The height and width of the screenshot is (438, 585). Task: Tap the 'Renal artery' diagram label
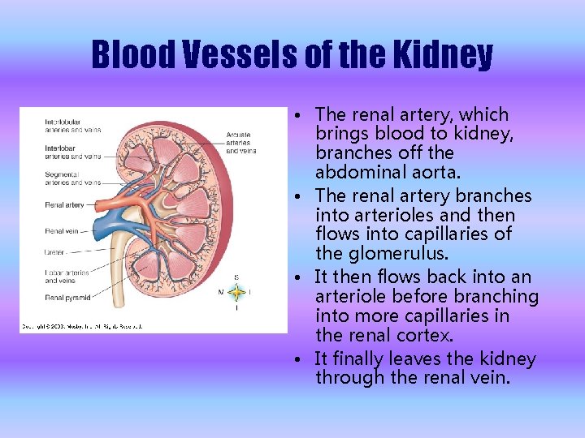pos(64,205)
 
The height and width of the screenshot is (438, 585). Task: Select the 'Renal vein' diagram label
pos(61,231)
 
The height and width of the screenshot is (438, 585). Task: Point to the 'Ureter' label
pos(54,252)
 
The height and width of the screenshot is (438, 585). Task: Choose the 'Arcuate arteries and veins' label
pos(240,143)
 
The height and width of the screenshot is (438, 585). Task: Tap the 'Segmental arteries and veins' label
pos(72,178)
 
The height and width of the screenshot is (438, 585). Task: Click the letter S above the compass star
pos(236,277)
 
